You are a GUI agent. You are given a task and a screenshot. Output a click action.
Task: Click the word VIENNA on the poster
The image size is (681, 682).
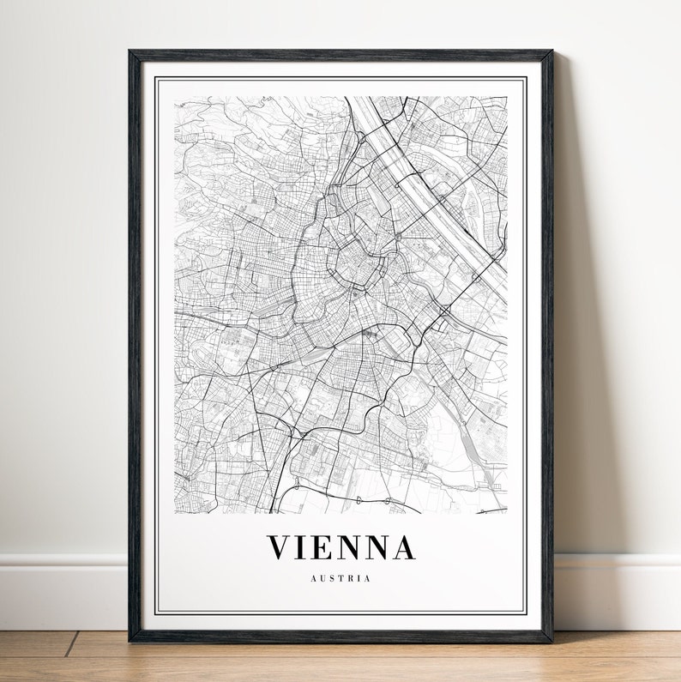341,547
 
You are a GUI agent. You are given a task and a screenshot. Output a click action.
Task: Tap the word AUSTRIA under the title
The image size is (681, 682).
341,578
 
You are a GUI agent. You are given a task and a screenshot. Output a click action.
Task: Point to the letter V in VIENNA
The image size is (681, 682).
280,547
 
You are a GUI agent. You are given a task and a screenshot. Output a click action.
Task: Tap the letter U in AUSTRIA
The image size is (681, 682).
322,578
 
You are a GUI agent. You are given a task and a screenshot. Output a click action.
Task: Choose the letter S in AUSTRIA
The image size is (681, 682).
332,578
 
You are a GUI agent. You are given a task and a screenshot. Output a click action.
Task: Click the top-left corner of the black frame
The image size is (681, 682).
130,51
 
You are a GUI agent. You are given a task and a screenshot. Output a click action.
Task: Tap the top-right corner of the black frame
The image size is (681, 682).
551,51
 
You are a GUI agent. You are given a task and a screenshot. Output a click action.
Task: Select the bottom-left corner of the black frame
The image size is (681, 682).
130,640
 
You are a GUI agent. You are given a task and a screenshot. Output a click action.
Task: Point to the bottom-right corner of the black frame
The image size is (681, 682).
551,640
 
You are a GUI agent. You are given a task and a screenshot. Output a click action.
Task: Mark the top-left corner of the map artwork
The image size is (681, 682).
175,97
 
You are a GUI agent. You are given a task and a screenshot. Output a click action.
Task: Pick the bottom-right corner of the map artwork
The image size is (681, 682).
507,514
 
